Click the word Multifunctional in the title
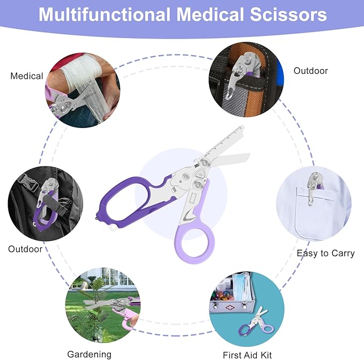point(105,14)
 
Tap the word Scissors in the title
point(288,14)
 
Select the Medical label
point(27,76)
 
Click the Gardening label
point(90,354)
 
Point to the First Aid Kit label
point(247,355)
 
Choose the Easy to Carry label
point(326,253)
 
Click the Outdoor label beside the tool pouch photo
point(310,71)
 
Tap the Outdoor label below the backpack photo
point(25,249)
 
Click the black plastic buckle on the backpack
point(28,182)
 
